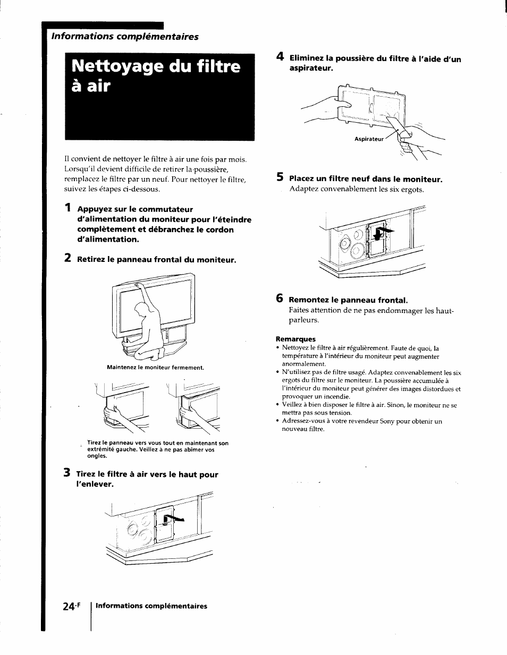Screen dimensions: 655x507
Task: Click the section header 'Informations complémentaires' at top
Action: [x=124, y=37]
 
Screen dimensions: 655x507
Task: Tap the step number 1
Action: [x=67, y=208]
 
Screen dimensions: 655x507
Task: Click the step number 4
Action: [x=279, y=58]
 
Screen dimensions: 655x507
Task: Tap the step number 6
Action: [x=279, y=298]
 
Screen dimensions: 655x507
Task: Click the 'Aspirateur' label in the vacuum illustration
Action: [x=369, y=139]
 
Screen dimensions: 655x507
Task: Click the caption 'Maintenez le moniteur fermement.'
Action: [x=155, y=367]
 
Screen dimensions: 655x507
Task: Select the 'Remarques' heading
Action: [x=295, y=339]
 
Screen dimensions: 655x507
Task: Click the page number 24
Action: [x=73, y=606]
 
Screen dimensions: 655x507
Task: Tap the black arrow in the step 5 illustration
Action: [x=384, y=230]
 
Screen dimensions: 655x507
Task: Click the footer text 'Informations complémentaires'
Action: [x=151, y=606]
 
